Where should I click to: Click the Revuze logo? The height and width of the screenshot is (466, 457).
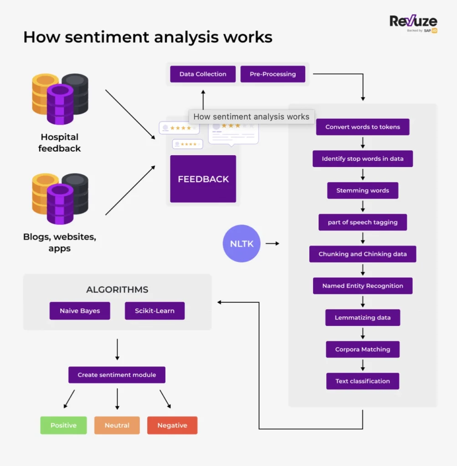pos(413,23)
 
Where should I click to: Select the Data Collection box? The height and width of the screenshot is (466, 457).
pos(203,74)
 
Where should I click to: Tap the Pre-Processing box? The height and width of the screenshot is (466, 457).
pos(272,74)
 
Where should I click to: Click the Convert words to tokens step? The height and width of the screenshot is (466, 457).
pos(363,127)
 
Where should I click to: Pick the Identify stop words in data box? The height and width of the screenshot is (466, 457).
pos(363,159)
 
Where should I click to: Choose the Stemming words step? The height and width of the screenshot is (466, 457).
pos(363,191)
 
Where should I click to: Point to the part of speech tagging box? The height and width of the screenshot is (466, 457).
pos(363,223)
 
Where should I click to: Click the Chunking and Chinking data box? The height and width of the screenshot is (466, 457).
pos(363,254)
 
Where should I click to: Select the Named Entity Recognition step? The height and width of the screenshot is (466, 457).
pos(363,286)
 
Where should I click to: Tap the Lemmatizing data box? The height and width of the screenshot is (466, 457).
pos(363,318)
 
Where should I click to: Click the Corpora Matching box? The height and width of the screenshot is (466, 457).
pos(363,349)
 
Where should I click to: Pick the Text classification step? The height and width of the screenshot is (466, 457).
pos(363,381)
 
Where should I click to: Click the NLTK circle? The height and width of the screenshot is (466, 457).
pos(241,243)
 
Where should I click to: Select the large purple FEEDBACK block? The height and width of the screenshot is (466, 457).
pos(203,179)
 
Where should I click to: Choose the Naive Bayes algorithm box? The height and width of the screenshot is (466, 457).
pos(80,311)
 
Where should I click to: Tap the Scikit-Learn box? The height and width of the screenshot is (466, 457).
pos(154,311)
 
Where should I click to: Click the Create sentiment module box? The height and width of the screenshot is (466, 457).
pos(117,375)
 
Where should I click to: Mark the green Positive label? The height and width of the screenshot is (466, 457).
pos(63,425)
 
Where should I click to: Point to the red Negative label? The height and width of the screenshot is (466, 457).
pos(172,425)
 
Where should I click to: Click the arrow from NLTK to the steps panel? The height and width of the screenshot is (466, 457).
pos(272,243)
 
